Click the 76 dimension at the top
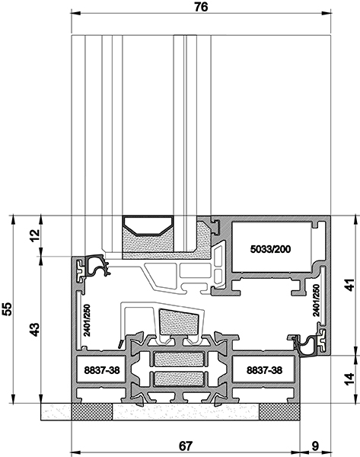coord(201,7)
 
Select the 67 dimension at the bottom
coord(186,446)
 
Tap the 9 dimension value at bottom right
coord(315,446)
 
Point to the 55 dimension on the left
coord(7,309)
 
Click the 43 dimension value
coord(35,330)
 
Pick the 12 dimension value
coord(34,235)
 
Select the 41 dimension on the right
coord(350,285)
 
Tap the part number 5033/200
coord(270,249)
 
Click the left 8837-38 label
coord(102,370)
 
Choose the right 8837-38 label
coord(264,370)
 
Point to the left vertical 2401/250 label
coord(87,321)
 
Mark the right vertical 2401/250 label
coord(316,301)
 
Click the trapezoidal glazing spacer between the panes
coord(148,225)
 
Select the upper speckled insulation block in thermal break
coord(179,359)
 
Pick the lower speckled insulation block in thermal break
coord(179,379)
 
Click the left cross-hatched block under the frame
coord(92,412)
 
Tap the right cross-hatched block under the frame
coord(279,412)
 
